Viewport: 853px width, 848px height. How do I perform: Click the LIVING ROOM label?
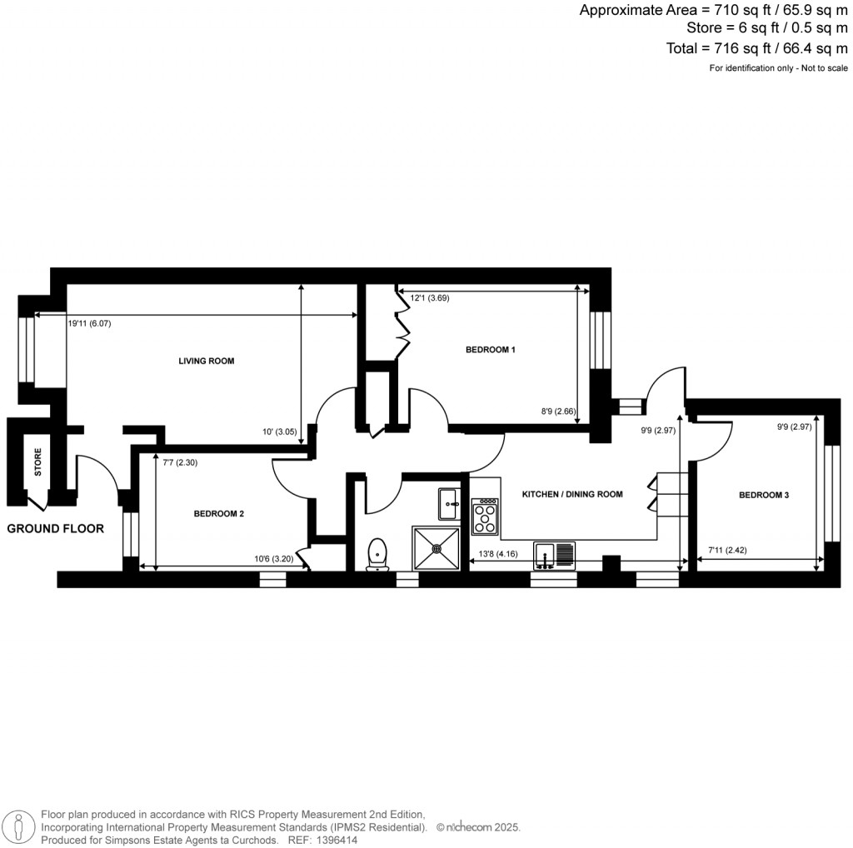click(207, 362)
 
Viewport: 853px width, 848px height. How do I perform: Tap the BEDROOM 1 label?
click(490, 350)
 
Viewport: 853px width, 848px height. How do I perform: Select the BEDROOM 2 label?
click(219, 514)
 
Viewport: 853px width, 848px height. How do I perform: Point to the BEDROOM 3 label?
click(764, 496)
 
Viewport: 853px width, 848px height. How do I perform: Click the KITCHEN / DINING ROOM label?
click(572, 495)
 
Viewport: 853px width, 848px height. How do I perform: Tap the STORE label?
click(38, 463)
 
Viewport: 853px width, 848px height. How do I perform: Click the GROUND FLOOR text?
click(56, 529)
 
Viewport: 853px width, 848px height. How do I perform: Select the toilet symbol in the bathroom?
click(377, 554)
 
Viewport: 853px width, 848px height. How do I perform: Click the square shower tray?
click(436, 548)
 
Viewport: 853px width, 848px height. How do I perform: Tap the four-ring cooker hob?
click(485, 516)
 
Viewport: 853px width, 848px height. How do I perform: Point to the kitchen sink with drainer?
click(555, 555)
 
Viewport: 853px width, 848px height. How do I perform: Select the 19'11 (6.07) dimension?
click(89, 323)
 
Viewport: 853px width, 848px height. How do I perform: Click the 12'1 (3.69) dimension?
click(429, 297)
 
